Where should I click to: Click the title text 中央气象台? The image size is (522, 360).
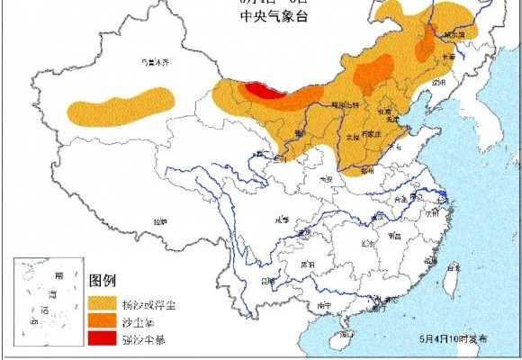click(270, 21)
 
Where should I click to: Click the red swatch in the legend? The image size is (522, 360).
click(101, 338)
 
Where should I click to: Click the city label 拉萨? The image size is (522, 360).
click(159, 220)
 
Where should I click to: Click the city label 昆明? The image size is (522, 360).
click(267, 280)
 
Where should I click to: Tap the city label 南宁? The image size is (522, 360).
click(326, 306)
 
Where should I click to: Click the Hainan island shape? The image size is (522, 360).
click(342, 339)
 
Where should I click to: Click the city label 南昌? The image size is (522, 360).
click(394, 236)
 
